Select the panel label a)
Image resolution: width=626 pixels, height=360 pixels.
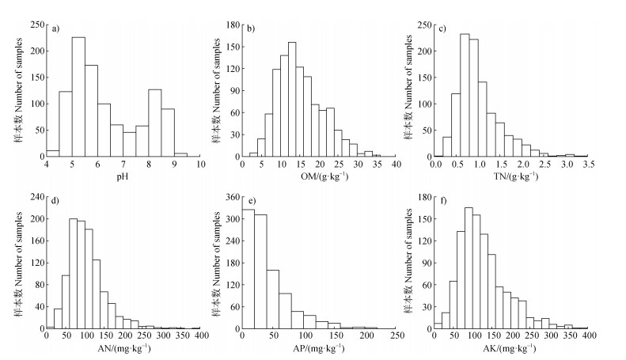(x=56, y=30)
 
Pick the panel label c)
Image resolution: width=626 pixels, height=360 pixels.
(x=442, y=30)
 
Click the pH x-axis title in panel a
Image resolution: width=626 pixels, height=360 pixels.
(x=123, y=176)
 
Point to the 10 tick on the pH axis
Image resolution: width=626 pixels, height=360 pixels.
(x=200, y=165)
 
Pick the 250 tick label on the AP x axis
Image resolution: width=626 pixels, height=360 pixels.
(x=394, y=336)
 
